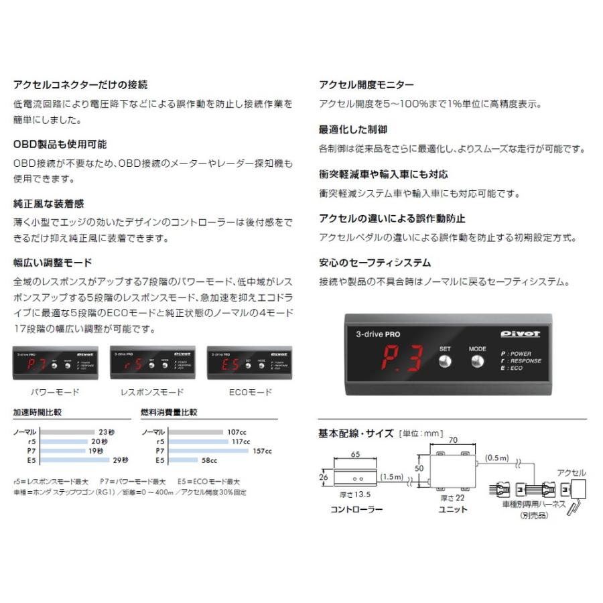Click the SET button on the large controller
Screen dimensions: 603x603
[x=445, y=361]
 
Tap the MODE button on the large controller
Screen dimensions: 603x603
[x=477, y=361]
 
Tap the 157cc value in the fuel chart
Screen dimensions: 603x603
[x=263, y=451]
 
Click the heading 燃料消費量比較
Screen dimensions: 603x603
[x=170, y=413]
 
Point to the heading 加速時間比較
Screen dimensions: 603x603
[x=42, y=413]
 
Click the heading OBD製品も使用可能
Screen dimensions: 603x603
[x=60, y=144]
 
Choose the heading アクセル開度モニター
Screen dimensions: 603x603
[x=366, y=85]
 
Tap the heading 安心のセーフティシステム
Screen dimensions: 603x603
[x=375, y=263]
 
